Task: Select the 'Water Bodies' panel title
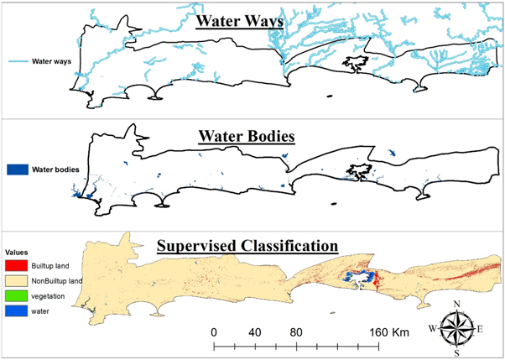246,136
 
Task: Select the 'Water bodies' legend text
55,169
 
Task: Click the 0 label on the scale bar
215,331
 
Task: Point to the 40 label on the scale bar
255,331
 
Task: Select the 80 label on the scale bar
296,331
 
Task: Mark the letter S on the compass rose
457,353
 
